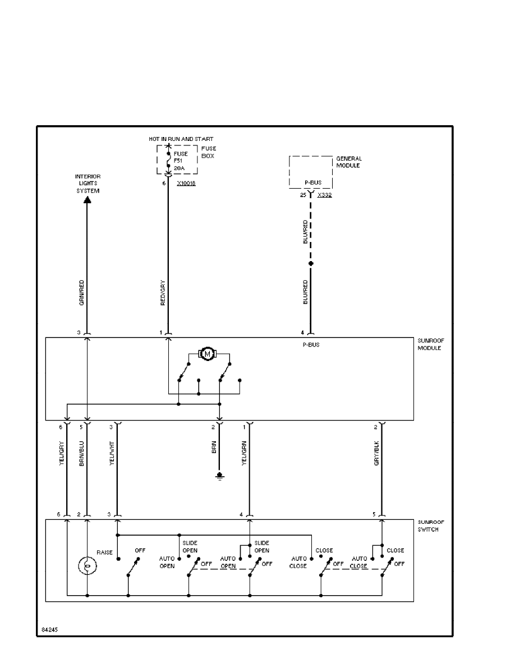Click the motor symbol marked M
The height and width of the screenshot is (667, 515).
tap(208, 354)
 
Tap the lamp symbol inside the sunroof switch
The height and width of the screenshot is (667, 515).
tap(87, 565)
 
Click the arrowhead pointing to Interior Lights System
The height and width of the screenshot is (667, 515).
tap(87, 200)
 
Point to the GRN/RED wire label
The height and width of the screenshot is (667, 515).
tap(82, 292)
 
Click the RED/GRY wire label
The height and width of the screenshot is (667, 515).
tap(163, 292)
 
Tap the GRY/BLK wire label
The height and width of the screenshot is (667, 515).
tap(377, 453)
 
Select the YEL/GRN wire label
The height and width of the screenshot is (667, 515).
tap(244, 454)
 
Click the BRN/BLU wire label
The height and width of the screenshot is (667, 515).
tap(82, 454)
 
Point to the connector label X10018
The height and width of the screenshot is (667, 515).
tap(186, 184)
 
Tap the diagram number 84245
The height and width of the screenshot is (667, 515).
tap(49, 629)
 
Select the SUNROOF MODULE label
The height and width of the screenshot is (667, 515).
tap(430, 344)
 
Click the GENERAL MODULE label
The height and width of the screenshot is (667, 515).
tap(348, 162)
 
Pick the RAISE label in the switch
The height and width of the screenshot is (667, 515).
tap(104, 552)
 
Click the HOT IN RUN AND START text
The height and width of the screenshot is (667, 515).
tap(181, 139)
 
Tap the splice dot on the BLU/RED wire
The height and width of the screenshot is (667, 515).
tap(311, 263)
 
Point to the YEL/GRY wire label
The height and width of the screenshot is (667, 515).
tap(62, 454)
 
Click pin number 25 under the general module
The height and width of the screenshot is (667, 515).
tap(304, 195)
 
